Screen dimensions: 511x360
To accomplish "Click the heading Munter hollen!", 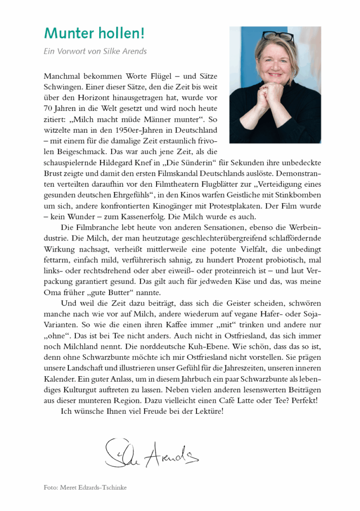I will [94, 34].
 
